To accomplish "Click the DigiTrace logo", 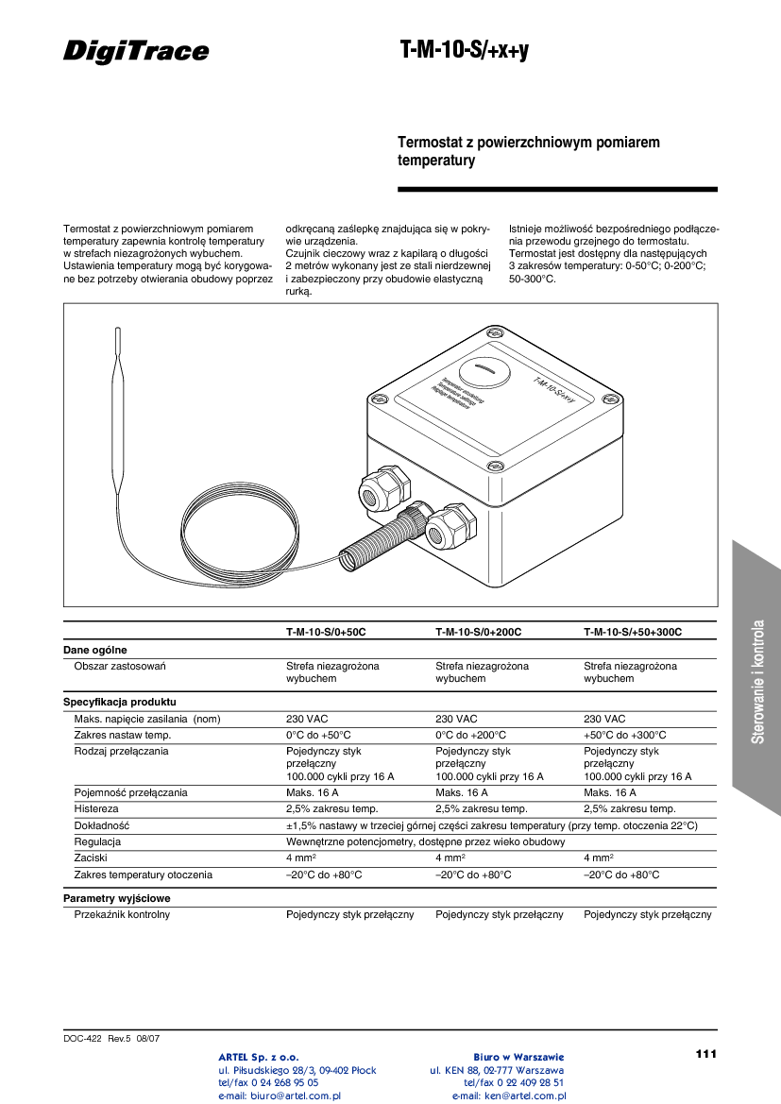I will pos(136,51).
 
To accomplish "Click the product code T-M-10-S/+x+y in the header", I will pos(464,51).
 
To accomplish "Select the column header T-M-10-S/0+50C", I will pos(326,632).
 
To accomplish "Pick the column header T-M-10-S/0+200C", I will pos(478,632).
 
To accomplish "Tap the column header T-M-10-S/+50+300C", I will pos(633,632).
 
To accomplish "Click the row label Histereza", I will pos(96,808).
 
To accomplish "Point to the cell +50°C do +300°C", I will pos(624,735).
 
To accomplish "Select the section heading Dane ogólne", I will pos(94,650).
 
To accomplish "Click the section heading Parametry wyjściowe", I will pos(116,898).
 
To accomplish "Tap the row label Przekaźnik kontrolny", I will pos(122,914).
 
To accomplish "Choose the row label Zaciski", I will pos(91,858).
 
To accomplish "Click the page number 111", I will pos(705,1053).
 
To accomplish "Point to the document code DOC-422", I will pos(82,1038).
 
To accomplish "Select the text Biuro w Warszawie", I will pos(518,1057).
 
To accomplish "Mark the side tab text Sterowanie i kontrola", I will pos(757,681).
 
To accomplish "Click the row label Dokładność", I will pos(101,825).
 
